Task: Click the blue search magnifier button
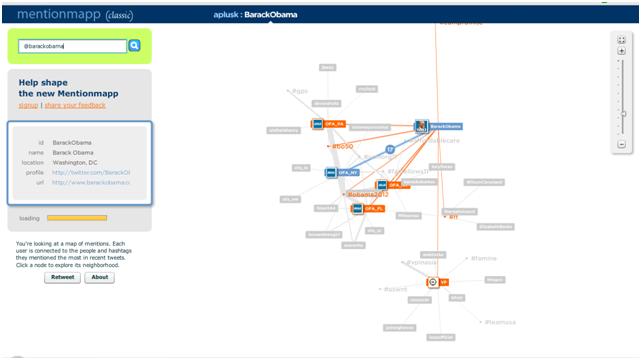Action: (x=135, y=46)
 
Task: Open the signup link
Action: (x=28, y=104)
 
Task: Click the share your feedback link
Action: (x=75, y=104)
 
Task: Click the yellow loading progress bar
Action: (x=76, y=217)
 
